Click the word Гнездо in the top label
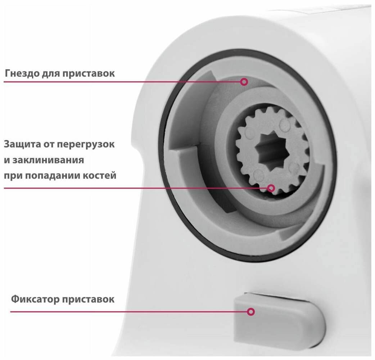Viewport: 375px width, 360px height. tap(21, 73)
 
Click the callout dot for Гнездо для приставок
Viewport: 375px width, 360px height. tap(244, 82)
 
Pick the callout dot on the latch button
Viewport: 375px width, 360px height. tap(251, 312)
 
